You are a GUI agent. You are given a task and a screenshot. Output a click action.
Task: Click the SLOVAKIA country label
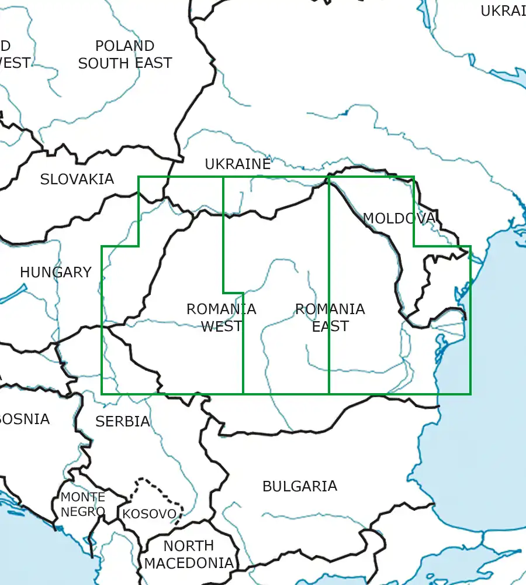(77, 180)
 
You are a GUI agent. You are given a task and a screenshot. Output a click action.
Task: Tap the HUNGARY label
(56, 272)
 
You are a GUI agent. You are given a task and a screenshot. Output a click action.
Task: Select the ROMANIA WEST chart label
(221, 318)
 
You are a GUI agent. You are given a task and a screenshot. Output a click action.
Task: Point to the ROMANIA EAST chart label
(330, 318)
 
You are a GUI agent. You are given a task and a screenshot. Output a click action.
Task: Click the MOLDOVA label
(399, 219)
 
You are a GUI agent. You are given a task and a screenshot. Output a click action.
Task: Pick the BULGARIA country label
(299, 486)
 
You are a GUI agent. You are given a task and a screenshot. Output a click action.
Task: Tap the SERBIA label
(123, 421)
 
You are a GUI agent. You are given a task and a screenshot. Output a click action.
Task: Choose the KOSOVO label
(149, 514)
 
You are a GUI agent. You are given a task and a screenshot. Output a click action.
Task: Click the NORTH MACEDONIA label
(188, 555)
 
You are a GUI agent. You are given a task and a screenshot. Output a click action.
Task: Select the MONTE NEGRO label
(83, 504)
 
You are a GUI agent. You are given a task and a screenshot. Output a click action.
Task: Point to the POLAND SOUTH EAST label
(125, 54)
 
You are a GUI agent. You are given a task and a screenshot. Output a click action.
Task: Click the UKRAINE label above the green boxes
(238, 164)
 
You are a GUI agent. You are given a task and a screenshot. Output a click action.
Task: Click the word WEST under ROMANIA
(221, 326)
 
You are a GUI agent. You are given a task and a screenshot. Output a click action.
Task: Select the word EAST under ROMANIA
(330, 326)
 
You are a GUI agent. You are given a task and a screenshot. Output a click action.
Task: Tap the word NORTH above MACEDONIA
(188, 546)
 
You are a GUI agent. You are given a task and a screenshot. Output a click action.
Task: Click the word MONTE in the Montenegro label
(83, 497)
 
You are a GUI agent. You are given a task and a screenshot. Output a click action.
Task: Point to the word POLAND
(125, 46)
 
